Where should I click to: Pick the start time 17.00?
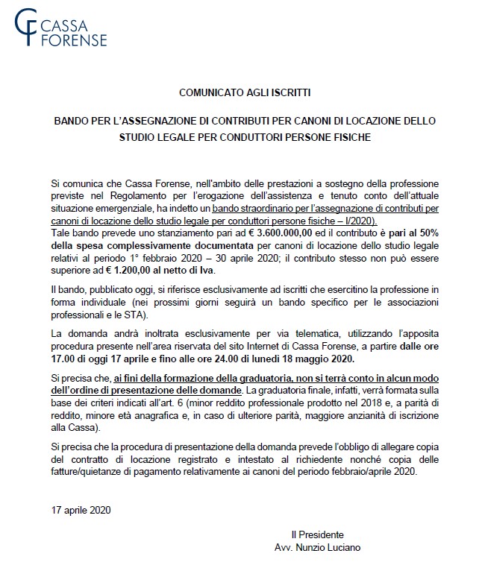[x=65, y=358]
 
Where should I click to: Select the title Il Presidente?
[x=317, y=534]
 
